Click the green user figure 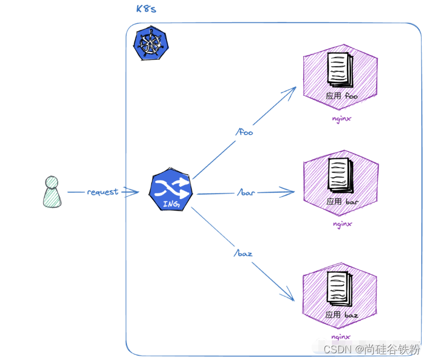[x=51, y=191]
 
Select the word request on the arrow [x=103, y=192]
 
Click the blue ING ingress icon [x=172, y=192]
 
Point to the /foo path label [x=244, y=133]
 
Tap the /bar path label [x=246, y=192]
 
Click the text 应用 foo [x=342, y=96]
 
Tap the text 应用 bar [x=342, y=201]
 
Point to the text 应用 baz [x=342, y=314]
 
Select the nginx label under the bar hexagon [x=342, y=223]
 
